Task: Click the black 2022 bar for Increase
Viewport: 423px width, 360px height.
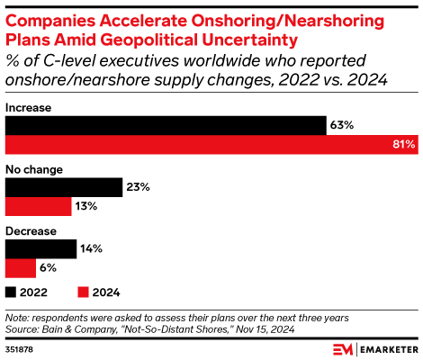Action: tap(166, 125)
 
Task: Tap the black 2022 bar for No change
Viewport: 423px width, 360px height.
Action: tap(64, 187)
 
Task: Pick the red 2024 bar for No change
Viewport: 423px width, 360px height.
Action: tap(39, 207)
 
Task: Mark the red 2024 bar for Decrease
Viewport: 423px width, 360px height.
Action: tap(21, 268)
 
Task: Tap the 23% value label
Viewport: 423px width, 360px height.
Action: tap(137, 187)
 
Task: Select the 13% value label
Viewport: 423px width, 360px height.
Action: tap(85, 207)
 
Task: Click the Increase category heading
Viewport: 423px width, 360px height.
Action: tap(28, 107)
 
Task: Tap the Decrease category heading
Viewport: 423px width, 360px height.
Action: tap(31, 231)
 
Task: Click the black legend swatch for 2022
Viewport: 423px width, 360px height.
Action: tap(11, 292)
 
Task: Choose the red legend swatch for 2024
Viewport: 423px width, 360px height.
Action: tap(84, 292)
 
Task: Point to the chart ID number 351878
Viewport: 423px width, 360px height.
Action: tap(20, 347)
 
